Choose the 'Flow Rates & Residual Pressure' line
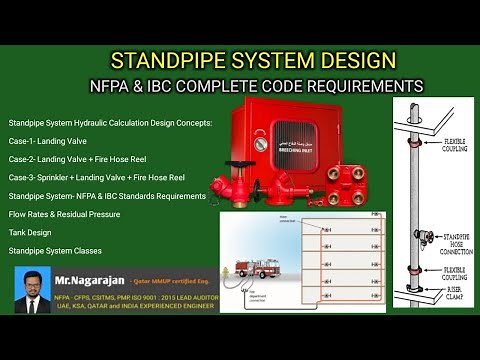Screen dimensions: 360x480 pyautogui.click(x=64, y=214)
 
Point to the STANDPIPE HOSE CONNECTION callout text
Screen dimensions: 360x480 pyautogui.click(x=444, y=239)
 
